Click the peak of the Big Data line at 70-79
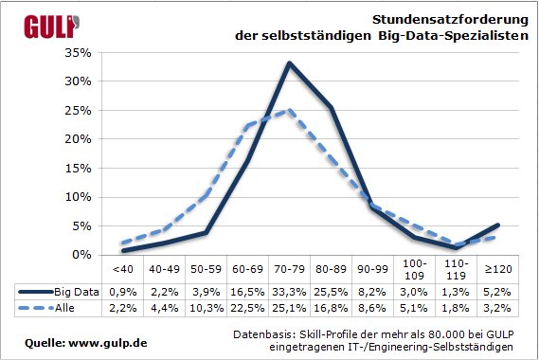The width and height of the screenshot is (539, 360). pos(289,63)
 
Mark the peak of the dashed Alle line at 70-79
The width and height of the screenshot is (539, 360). pos(289,110)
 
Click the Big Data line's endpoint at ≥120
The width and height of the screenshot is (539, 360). pos(498,225)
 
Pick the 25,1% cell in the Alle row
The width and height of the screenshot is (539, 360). pos(289,309)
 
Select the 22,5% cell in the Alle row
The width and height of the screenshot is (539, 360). pos(247,309)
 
